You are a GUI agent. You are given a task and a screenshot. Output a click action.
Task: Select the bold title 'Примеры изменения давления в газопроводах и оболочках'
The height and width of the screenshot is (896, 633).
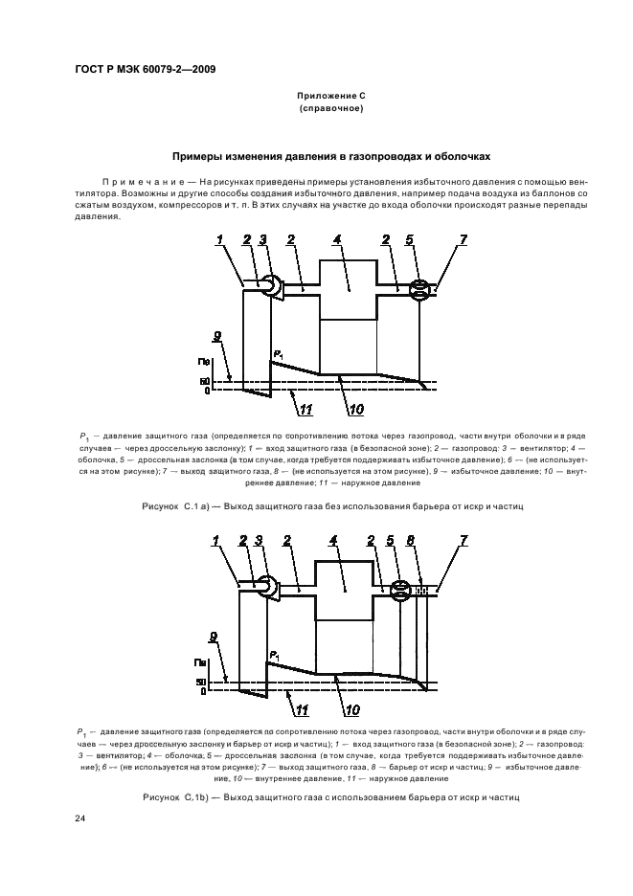click(x=330, y=156)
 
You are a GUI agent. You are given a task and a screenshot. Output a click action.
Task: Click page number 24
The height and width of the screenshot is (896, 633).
click(x=79, y=818)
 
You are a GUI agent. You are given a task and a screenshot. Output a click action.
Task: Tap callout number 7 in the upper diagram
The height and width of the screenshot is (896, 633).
click(x=463, y=240)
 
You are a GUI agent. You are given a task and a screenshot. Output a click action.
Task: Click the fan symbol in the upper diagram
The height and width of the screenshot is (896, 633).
click(x=272, y=286)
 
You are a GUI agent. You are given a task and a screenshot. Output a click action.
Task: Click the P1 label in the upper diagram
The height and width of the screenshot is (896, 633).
click(x=277, y=355)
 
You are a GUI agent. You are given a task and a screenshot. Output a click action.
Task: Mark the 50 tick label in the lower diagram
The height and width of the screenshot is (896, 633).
click(x=202, y=682)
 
